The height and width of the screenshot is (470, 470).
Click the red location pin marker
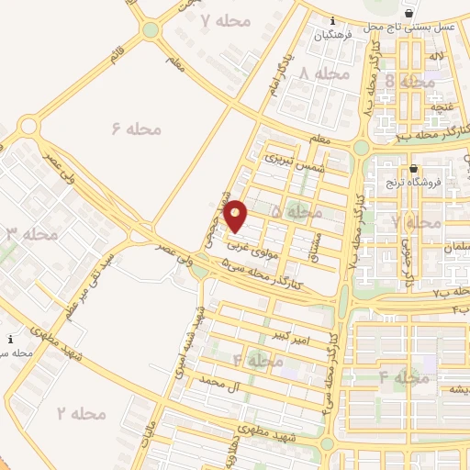(x=236, y=215)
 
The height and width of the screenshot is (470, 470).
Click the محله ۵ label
(x=304, y=212)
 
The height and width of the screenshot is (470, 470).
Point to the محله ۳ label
(x=33, y=234)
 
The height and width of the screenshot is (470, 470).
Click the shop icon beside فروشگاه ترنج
(x=413, y=169)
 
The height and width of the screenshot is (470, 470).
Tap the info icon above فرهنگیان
(x=332, y=20)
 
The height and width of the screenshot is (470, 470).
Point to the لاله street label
(x=435, y=57)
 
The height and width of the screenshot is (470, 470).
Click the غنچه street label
(x=443, y=107)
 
